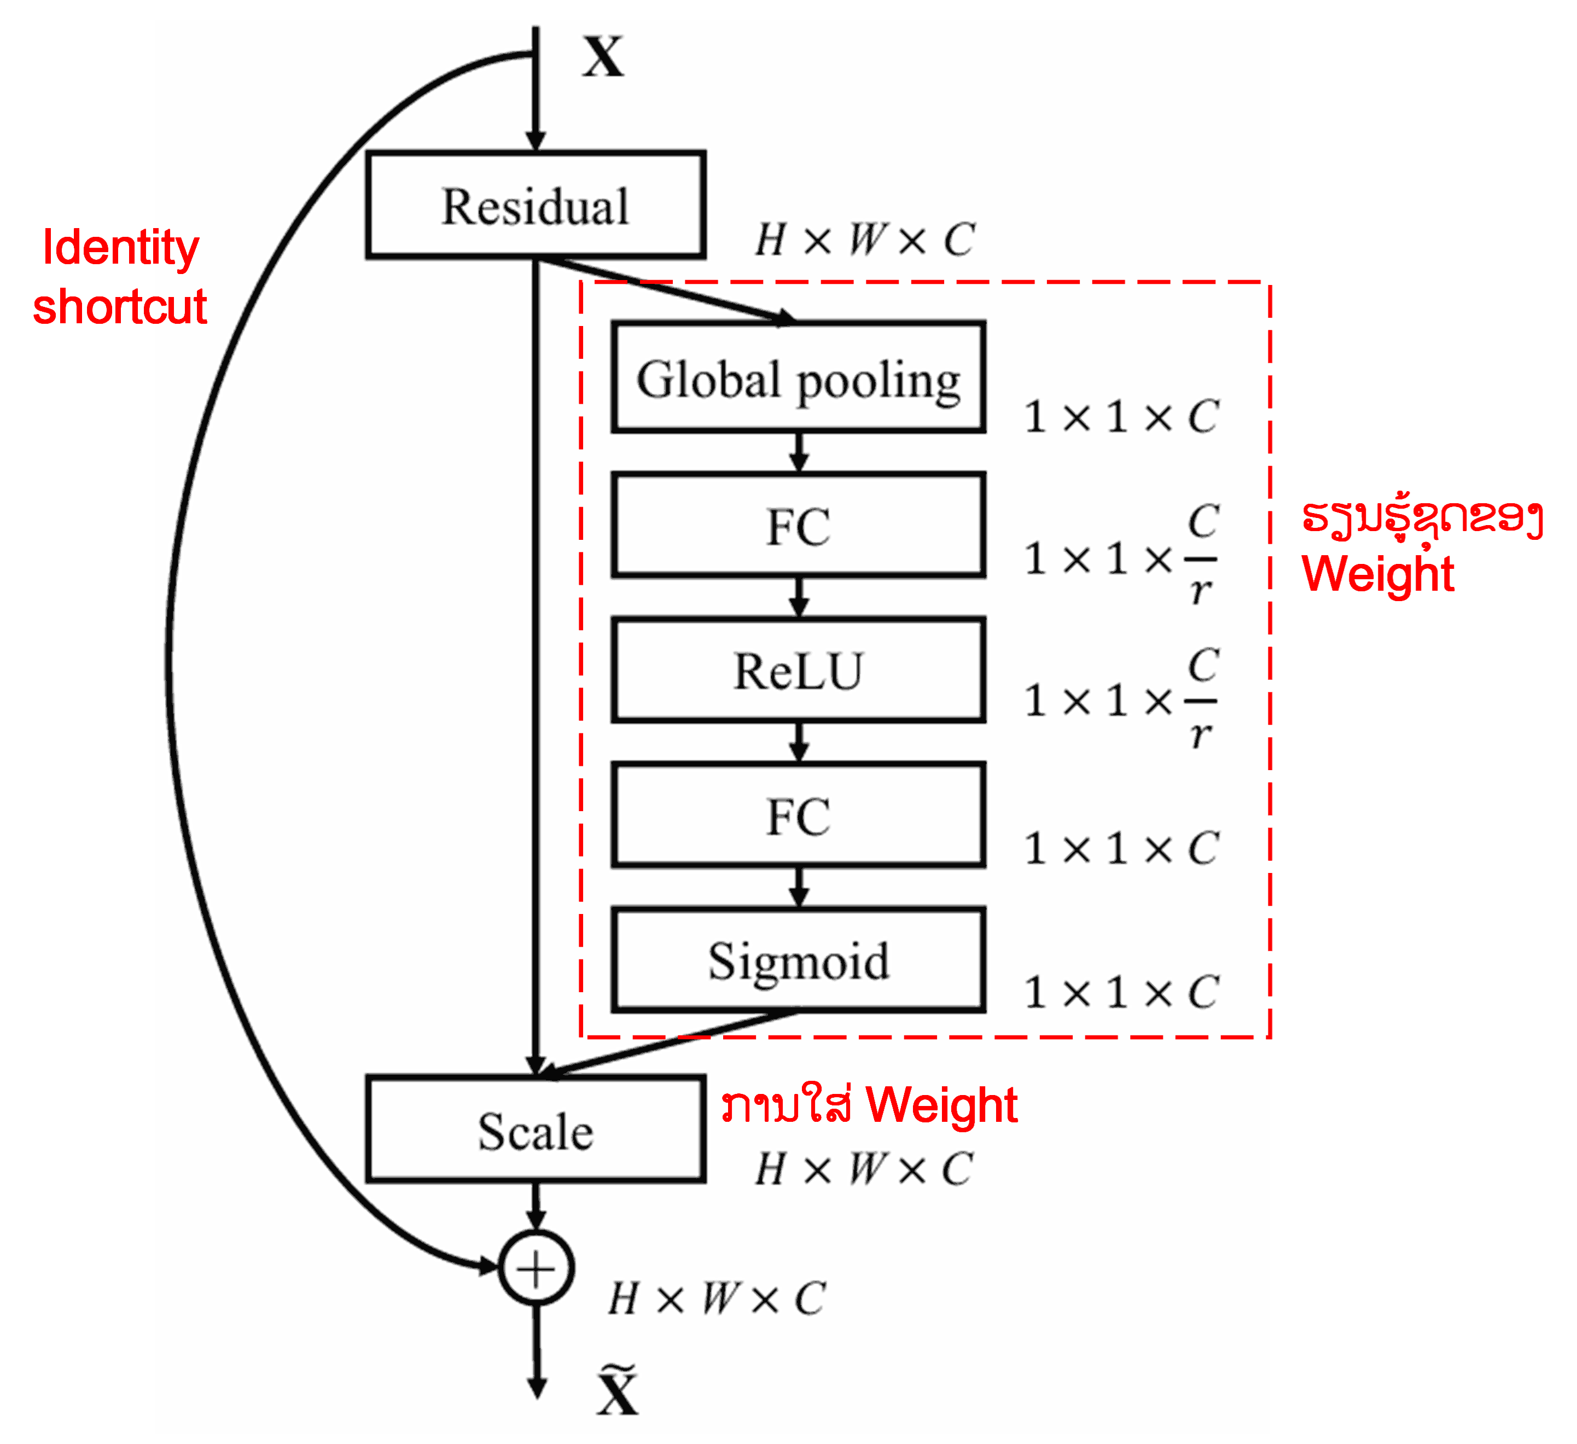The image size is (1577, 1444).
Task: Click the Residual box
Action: click(536, 205)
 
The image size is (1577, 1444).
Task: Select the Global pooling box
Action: click(798, 377)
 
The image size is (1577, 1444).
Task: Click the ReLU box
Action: click(798, 669)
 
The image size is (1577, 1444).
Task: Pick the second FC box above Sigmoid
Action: click(798, 815)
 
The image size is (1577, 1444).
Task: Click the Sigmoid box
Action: click(798, 960)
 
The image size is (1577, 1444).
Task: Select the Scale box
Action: click(536, 1129)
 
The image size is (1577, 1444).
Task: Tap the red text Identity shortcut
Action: click(120, 276)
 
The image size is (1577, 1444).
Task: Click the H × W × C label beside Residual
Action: click(864, 240)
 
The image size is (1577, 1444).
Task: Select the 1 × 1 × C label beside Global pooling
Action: click(1121, 416)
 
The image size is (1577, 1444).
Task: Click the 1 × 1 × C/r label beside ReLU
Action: click(1121, 698)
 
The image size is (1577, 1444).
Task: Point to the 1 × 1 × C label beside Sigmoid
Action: click(1121, 992)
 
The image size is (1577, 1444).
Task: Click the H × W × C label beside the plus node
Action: click(717, 1299)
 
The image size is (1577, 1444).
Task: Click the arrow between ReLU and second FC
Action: click(799, 742)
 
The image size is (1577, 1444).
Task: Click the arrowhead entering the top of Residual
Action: click(536, 141)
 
